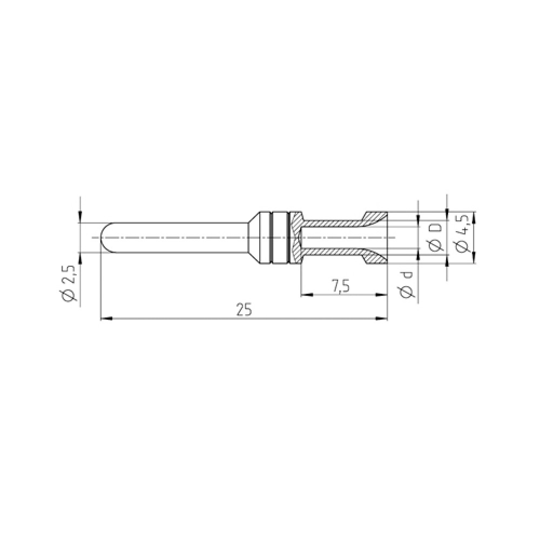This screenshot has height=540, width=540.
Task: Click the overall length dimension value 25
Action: point(244,310)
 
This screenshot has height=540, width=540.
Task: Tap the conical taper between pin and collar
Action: point(254,237)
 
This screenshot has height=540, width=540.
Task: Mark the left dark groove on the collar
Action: point(271,237)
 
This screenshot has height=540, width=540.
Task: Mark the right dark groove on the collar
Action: point(289,237)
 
